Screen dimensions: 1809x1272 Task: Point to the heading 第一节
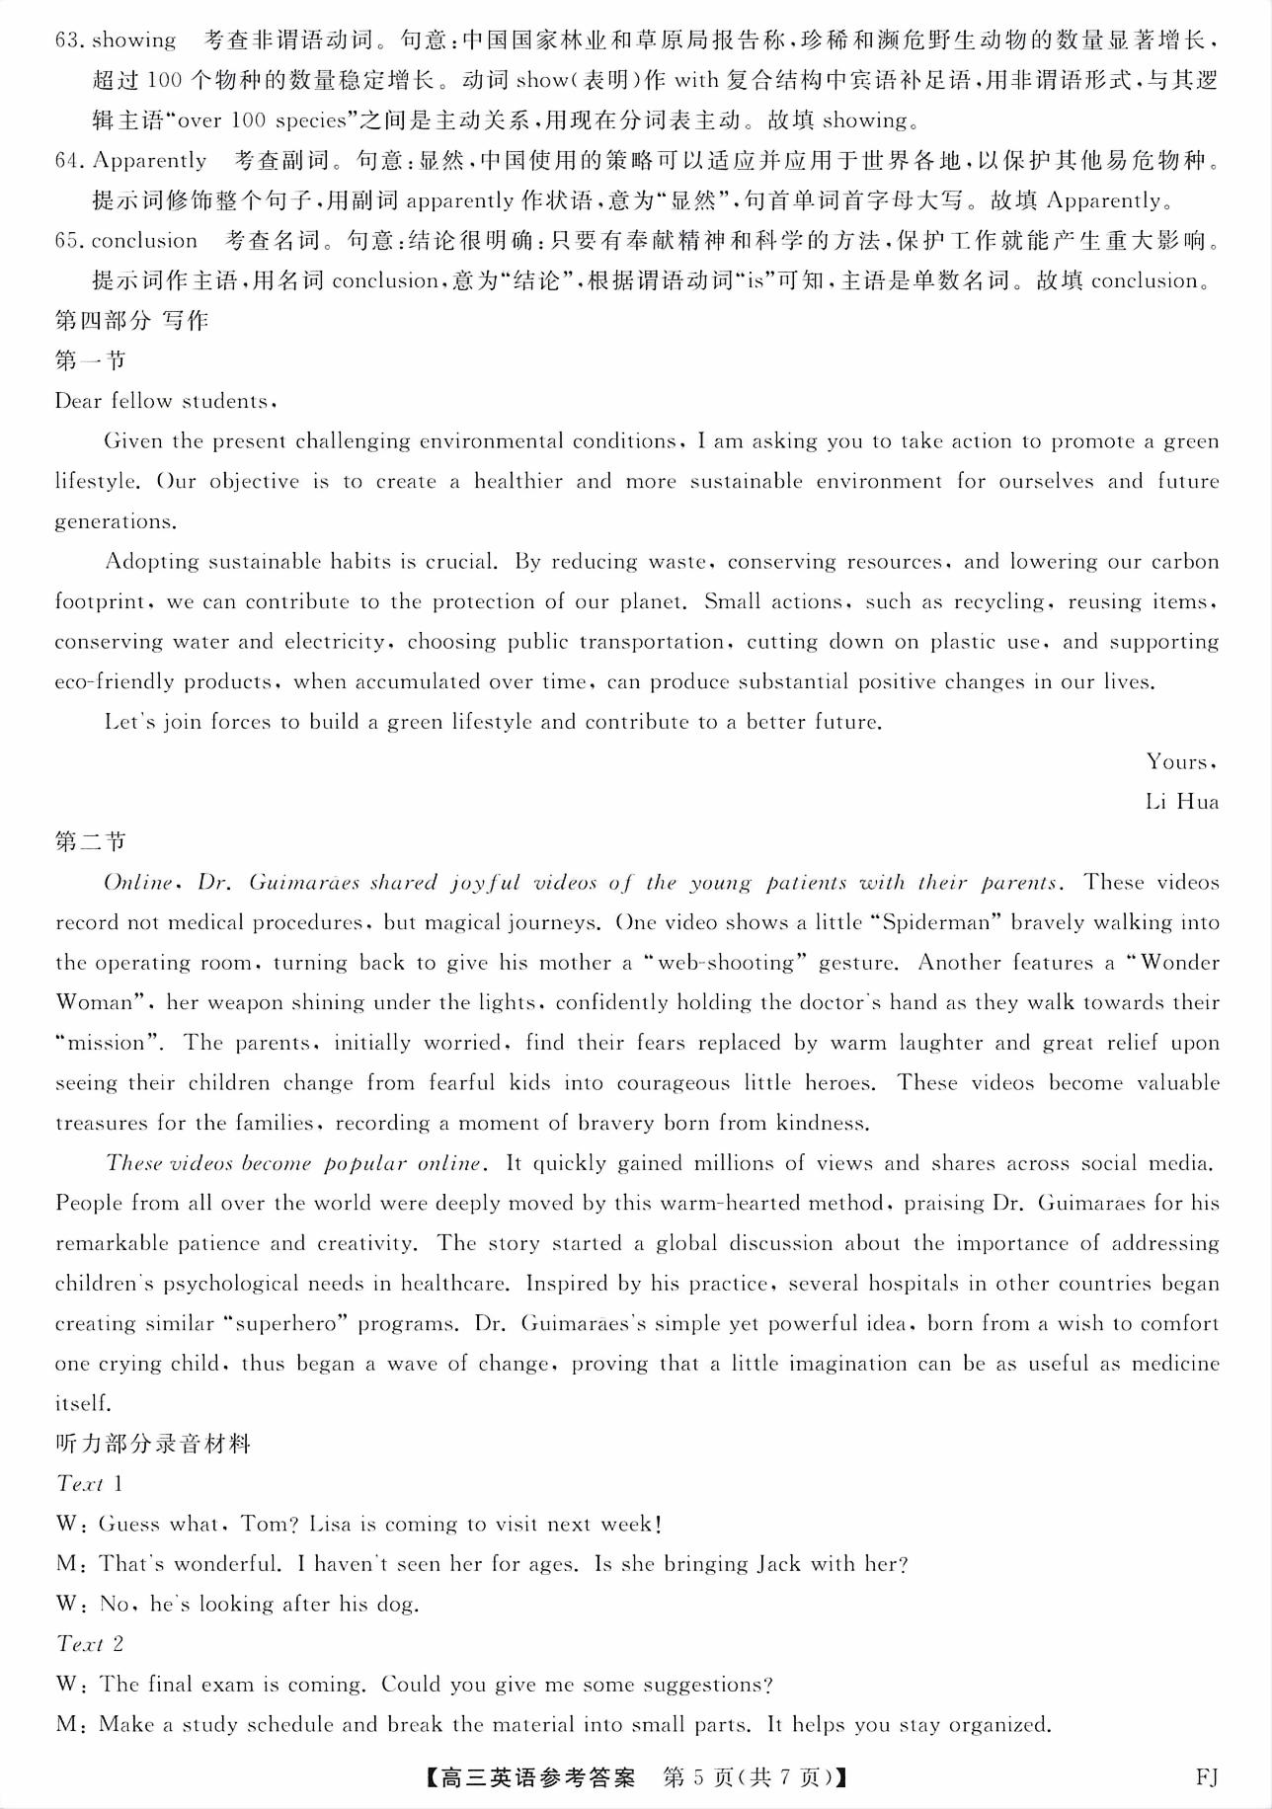(90, 360)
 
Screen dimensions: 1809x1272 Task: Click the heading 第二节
(90, 841)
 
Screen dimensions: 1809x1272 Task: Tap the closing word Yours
(1179, 761)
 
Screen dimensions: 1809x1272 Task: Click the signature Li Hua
(1181, 801)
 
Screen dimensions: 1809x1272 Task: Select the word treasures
(99, 1123)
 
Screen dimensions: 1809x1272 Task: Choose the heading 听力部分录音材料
(153, 1444)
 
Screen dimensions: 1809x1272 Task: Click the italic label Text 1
(90, 1483)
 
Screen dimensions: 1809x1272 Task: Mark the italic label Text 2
(90, 1644)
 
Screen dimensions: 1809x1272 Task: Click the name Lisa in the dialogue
(330, 1524)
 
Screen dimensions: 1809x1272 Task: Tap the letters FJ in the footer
(1206, 1778)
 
